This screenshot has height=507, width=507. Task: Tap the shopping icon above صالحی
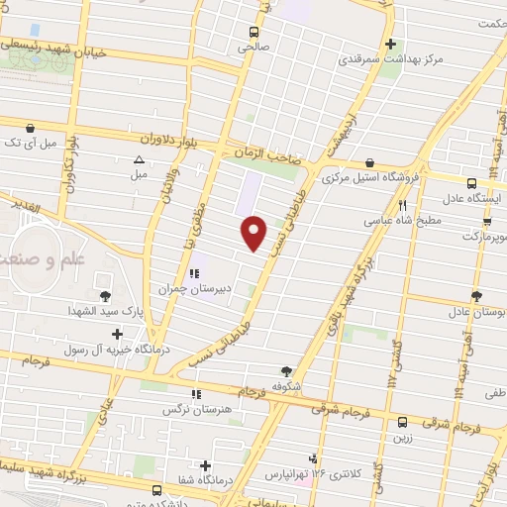[245, 30]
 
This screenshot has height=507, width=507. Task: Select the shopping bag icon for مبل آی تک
[31, 128]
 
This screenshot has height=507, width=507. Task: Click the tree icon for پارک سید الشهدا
[104, 295]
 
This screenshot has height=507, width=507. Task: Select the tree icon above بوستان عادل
[475, 295]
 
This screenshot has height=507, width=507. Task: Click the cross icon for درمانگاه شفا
[206, 465]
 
